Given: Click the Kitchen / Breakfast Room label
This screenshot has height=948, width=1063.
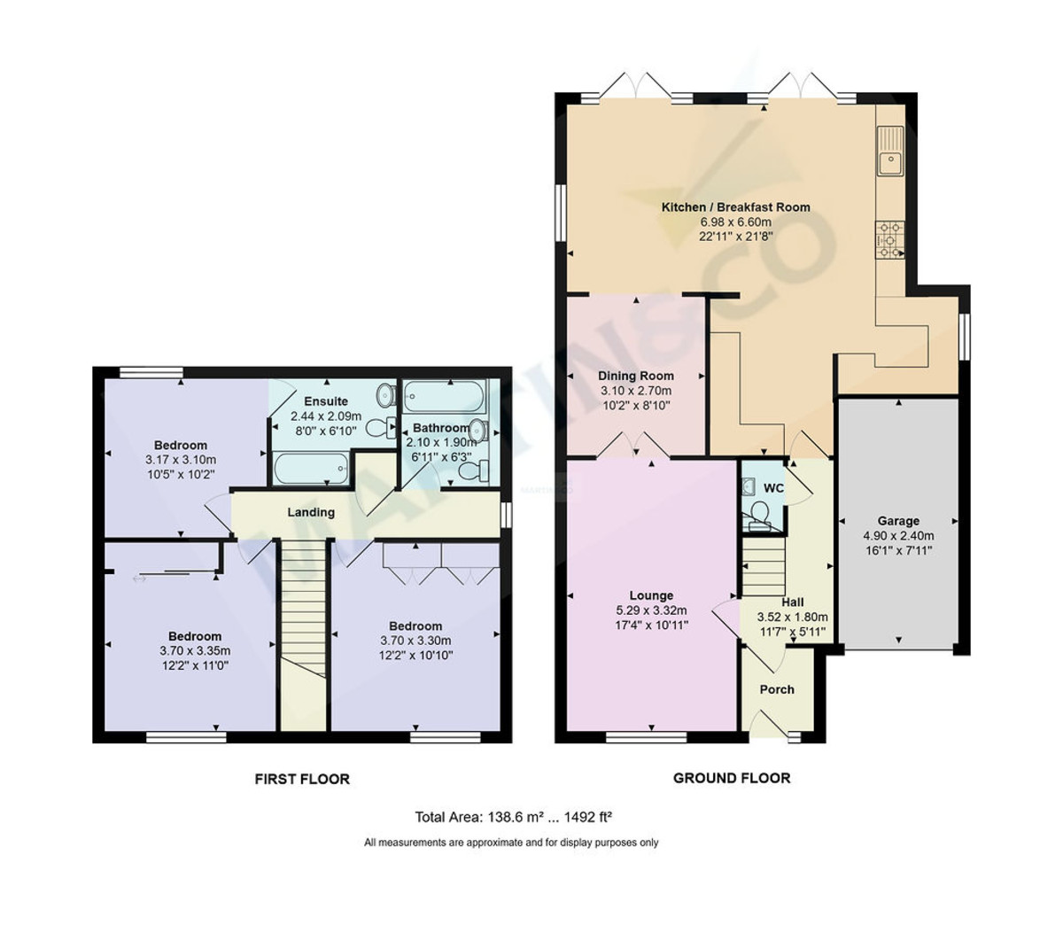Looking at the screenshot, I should coord(735,207).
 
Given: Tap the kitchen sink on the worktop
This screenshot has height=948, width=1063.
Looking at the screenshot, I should coord(888,162).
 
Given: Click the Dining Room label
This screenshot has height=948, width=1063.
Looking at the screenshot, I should coord(635,376).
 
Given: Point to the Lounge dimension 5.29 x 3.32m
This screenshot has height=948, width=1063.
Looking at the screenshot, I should coord(651,610).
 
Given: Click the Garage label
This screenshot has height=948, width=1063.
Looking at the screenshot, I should coord(898,521).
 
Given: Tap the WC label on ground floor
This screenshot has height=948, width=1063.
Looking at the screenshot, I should coord(773,488).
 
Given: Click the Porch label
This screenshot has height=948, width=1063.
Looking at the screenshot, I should coord(777,689).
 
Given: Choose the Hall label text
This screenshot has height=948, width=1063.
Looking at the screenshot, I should coord(792,602).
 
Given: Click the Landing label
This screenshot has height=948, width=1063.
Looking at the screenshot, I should coord(311,512).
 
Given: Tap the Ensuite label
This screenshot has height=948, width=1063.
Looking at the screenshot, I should coord(326,401).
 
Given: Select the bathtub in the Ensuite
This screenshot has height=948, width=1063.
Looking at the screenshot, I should coord(310,469).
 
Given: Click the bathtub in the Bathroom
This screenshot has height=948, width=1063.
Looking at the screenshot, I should coord(445,392).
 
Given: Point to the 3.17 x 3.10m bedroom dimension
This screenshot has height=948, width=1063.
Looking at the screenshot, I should coord(181,460).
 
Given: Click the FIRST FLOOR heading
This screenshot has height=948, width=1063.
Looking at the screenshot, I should coord(302,780).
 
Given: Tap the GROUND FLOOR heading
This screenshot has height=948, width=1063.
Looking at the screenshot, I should coord(732,778).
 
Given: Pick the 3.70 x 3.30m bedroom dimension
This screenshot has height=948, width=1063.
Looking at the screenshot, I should coord(415,641).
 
